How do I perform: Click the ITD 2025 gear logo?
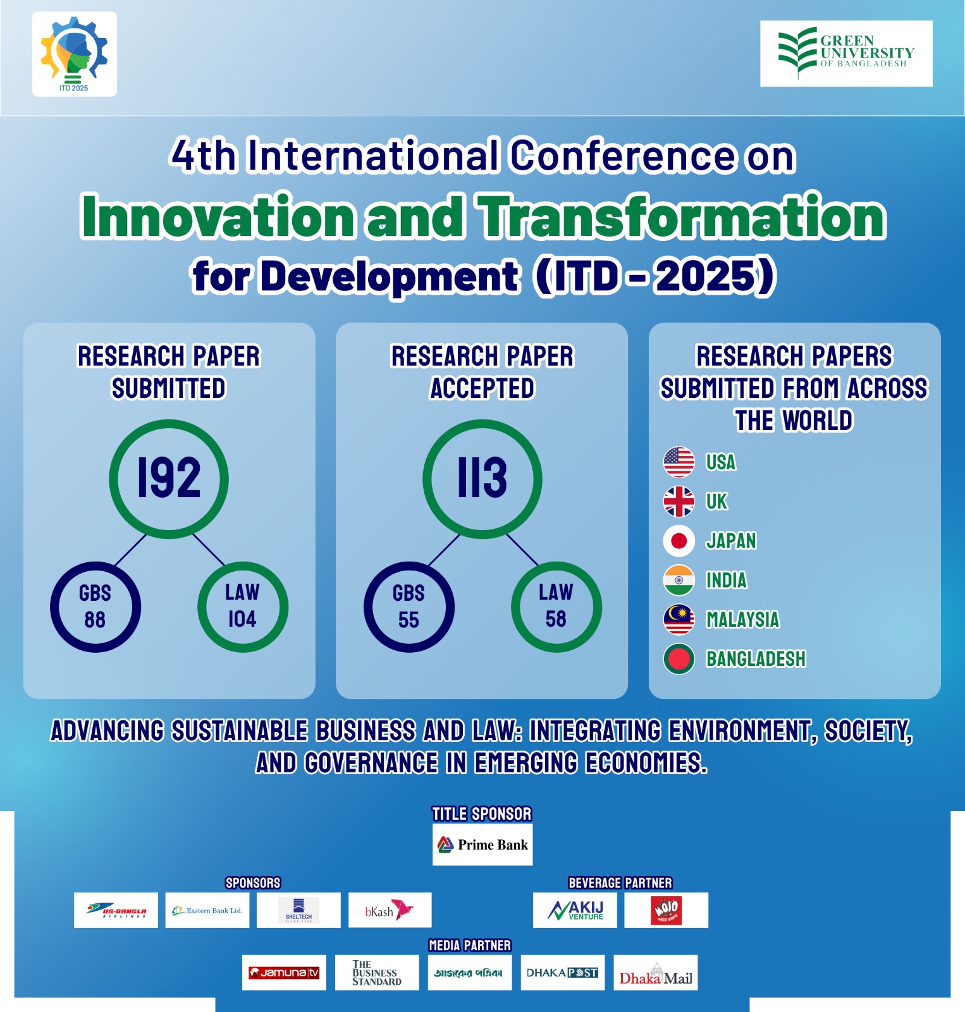click(74, 54)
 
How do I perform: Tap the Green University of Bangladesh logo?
click(845, 53)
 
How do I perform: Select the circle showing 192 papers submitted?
click(169, 479)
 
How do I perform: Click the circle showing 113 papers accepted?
click(482, 479)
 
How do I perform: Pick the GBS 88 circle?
click(95, 607)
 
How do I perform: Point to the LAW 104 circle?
click(242, 607)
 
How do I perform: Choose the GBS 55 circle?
click(409, 607)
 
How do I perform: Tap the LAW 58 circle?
click(556, 607)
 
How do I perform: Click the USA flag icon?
click(679, 462)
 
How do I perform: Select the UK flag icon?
click(679, 502)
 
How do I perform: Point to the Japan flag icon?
click(679, 541)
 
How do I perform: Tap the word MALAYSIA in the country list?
click(742, 620)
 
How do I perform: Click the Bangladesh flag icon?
click(679, 659)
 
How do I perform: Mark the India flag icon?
click(679, 581)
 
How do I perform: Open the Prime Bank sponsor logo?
click(482, 844)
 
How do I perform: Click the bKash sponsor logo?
click(390, 910)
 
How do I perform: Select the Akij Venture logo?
click(575, 910)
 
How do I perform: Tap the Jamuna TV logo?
click(284, 973)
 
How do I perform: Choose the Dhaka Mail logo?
click(655, 973)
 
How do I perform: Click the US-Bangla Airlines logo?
click(116, 910)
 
